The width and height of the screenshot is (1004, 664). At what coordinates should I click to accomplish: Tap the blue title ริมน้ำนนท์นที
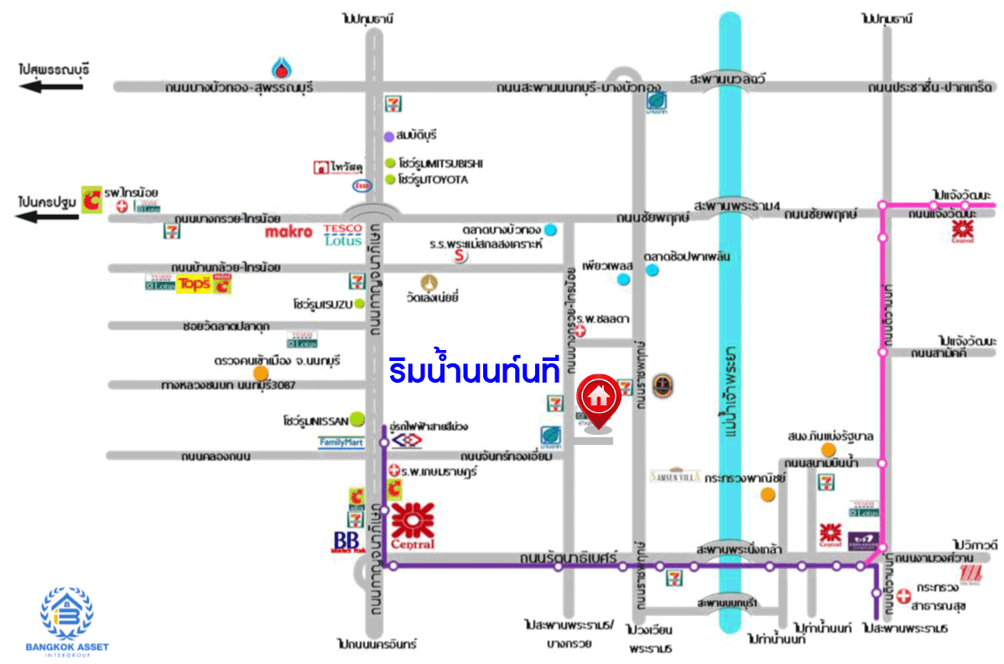(x=474, y=372)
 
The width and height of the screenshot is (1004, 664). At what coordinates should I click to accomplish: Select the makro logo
(x=289, y=231)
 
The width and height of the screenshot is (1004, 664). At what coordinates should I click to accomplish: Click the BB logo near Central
(x=348, y=541)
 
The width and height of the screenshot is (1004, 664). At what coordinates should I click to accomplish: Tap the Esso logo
(x=362, y=185)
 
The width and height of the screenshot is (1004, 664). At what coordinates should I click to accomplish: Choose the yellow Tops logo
(x=192, y=285)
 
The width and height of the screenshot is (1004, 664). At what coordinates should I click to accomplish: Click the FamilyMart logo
(x=342, y=442)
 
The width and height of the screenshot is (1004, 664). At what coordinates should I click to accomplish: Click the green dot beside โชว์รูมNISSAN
(x=358, y=417)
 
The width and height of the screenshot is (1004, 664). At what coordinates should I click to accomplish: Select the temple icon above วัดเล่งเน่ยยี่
(x=431, y=281)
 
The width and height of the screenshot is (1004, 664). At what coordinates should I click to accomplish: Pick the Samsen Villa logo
(x=674, y=476)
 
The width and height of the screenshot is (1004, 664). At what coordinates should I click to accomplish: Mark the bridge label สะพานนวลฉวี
(x=726, y=78)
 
